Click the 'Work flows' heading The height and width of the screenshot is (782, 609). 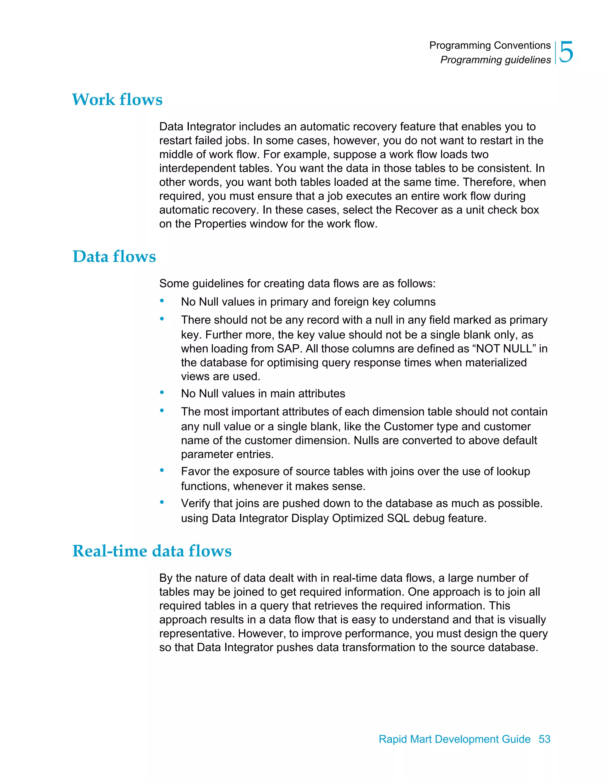tap(117, 99)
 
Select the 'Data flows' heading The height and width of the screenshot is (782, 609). tap(114, 256)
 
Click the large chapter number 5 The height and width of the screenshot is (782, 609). tap(566, 52)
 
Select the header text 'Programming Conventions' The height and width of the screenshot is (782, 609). tap(490, 45)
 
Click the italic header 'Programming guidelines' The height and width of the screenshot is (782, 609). tap(495, 60)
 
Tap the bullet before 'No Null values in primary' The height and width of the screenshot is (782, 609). tap(162, 301)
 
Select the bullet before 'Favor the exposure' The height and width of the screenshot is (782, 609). tap(162, 470)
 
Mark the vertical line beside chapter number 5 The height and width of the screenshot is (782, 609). tap(555, 53)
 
